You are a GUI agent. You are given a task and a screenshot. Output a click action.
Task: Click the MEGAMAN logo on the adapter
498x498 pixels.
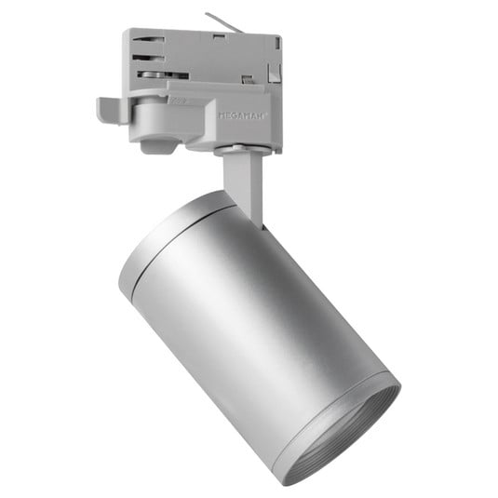(x=242, y=115)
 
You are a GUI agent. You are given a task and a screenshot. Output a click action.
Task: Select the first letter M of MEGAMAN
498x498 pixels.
(x=221, y=115)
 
